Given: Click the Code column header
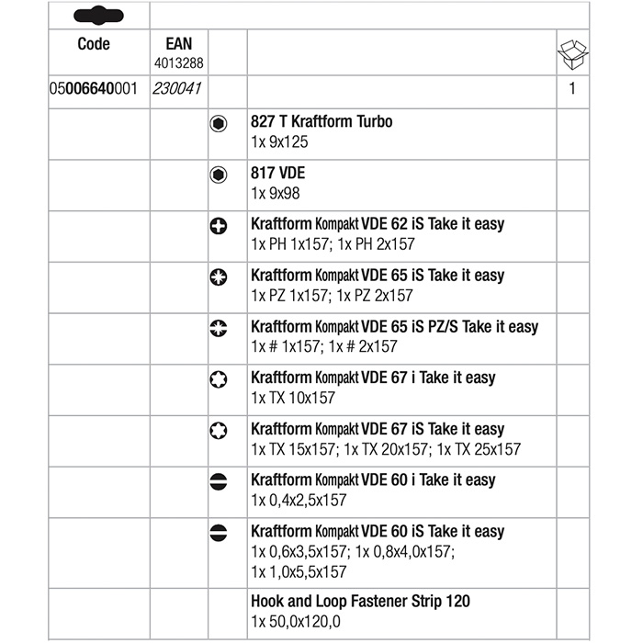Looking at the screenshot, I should [94, 44].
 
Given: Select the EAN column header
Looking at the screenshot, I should [180, 44].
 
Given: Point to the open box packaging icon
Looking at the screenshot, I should [571, 55].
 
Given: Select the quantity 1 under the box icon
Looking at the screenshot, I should [571, 90].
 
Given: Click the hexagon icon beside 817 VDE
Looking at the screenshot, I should [219, 175].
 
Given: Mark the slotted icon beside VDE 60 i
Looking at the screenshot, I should [219, 482].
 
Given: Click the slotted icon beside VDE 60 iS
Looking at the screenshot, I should [219, 534].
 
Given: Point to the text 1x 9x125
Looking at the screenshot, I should [280, 142].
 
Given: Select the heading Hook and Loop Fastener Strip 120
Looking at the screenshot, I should [360, 601].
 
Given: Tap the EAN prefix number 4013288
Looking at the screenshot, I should [180, 63].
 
